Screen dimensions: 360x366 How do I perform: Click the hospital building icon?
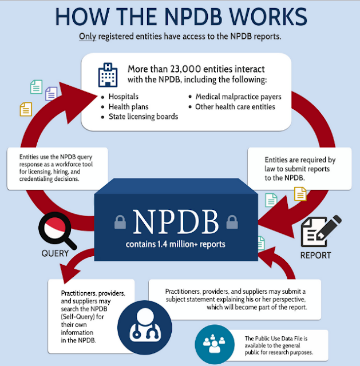tap(108, 75)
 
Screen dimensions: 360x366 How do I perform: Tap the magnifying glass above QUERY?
tap(57, 230)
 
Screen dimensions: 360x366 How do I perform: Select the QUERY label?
tap(55, 253)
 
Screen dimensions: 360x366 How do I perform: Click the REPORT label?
tap(315, 255)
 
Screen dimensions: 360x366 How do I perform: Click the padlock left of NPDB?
tap(120, 222)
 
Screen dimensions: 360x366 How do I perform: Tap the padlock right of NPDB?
tap(232, 222)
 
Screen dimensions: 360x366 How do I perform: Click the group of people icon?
tap(215, 344)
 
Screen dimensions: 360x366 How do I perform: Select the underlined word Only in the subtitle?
tap(88, 37)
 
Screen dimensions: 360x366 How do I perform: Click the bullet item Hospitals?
tap(124, 97)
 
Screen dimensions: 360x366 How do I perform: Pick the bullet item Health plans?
tap(128, 107)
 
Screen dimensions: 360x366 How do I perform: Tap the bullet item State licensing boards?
tap(143, 117)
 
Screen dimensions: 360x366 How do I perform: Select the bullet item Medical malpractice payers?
tap(238, 97)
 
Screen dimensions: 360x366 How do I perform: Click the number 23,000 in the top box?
tap(185, 69)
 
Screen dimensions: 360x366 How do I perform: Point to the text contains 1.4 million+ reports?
tap(176, 244)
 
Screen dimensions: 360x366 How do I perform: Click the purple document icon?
tap(51, 94)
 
